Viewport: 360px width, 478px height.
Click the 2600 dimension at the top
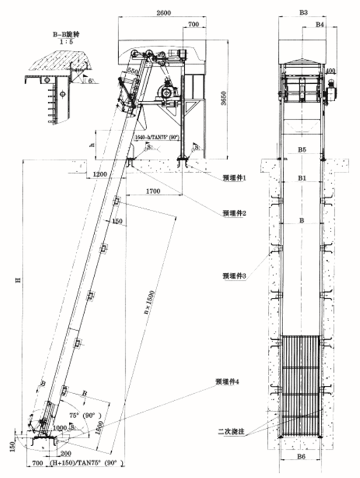[x=164, y=14]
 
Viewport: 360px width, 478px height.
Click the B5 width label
[x=301, y=150]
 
